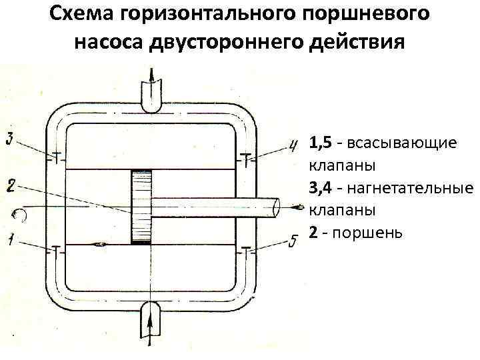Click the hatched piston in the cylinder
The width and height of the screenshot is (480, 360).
[x=141, y=207]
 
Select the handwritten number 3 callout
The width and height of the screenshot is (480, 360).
[x=9, y=139]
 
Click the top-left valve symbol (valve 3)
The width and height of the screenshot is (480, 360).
[x=56, y=159]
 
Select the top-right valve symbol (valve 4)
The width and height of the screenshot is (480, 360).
[x=247, y=159]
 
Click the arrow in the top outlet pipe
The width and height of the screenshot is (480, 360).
[x=153, y=83]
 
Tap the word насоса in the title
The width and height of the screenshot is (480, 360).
[x=110, y=41]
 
